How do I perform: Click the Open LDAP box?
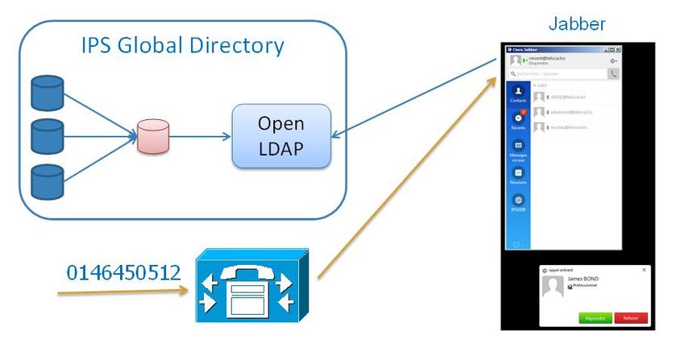pos(281,135)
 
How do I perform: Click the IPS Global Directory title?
pos(182,45)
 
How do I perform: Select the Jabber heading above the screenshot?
pos(577,24)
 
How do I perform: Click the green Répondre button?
pos(596,318)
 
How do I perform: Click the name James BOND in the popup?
pos(583,279)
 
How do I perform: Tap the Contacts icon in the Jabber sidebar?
pos(518,93)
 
